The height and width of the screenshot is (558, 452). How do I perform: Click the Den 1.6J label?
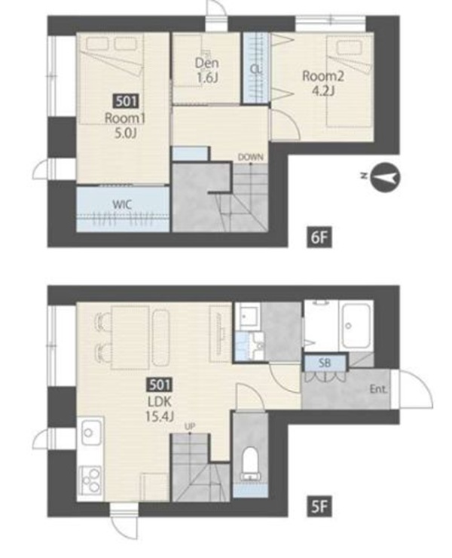point(207,70)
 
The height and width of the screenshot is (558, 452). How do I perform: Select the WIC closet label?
point(122,204)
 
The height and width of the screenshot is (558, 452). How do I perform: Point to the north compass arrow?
point(385,176)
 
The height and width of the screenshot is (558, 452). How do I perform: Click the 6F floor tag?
point(319,238)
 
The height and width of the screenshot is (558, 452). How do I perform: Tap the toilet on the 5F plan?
point(251,464)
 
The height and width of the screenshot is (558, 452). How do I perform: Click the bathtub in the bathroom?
point(356,327)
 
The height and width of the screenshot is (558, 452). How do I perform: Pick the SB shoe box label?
point(325,363)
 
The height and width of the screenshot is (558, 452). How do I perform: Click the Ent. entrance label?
point(378,389)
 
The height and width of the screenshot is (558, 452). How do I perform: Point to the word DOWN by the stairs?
point(251,157)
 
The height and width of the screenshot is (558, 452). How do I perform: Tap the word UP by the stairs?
point(189,426)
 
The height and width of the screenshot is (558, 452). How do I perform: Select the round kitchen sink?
point(88,432)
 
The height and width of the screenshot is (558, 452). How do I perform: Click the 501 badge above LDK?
point(160,385)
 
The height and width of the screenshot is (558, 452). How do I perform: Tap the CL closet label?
point(255,69)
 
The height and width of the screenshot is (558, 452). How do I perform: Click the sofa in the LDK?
point(161,336)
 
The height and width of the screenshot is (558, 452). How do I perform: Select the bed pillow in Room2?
point(350,48)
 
